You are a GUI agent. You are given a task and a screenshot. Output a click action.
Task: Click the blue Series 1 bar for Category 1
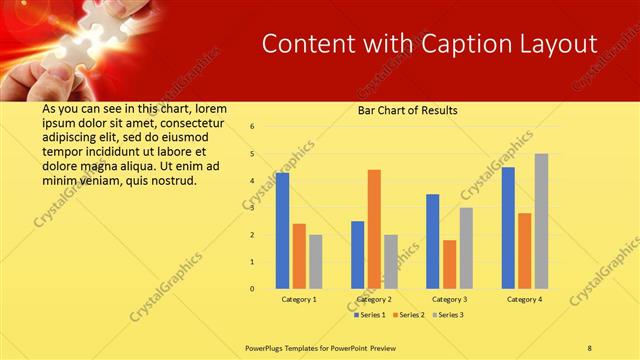(283, 230)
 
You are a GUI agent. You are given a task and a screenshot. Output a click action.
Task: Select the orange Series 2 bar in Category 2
(374, 229)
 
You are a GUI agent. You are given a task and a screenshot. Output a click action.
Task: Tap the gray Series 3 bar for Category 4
(541, 221)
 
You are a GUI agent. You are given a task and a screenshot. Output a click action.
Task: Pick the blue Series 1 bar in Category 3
(433, 241)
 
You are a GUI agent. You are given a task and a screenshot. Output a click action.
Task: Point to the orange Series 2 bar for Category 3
(449, 264)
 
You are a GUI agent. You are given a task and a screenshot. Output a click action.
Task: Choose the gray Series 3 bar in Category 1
(316, 261)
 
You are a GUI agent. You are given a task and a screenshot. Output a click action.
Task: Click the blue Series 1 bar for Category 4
(509, 228)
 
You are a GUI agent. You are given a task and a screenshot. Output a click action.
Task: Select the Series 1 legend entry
(371, 315)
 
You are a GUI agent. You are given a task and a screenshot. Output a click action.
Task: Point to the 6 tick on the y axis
(253, 127)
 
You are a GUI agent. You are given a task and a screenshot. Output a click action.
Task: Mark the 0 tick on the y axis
(253, 289)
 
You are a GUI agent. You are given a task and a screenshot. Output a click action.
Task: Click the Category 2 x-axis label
(374, 299)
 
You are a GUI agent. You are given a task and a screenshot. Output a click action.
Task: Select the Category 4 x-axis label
(524, 299)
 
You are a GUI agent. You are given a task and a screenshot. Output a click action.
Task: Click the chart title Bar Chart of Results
(408, 110)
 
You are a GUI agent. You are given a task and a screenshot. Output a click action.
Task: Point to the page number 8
(590, 347)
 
